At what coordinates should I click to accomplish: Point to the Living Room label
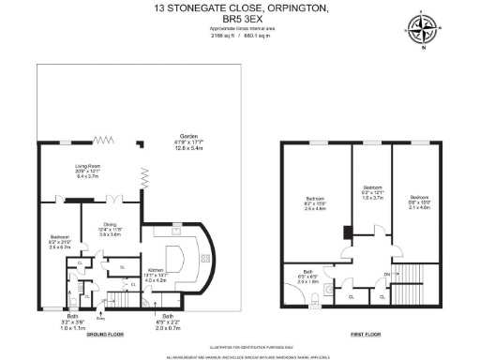[87, 172]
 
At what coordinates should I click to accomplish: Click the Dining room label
[110, 230]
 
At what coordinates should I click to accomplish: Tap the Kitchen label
[155, 275]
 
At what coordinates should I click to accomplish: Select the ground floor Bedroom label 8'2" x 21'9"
[59, 243]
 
